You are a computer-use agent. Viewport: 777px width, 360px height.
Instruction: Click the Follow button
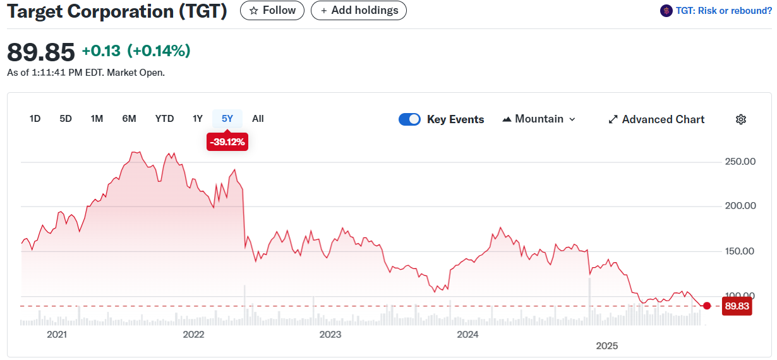tap(272, 11)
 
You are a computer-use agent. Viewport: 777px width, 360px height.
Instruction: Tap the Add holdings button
tap(359, 11)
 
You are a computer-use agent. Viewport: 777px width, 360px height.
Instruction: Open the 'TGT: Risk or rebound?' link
tap(716, 11)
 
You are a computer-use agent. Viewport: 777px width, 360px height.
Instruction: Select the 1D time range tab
tap(35, 119)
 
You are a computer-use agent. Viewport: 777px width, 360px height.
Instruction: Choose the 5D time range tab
tap(66, 119)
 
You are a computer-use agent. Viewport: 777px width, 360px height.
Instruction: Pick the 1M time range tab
tap(97, 119)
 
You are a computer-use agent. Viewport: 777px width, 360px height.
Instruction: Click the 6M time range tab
tap(129, 119)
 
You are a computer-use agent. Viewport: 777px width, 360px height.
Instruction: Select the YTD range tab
tap(164, 119)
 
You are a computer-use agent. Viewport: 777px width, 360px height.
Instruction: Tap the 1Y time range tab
tap(198, 119)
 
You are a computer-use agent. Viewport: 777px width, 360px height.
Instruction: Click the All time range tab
tap(258, 119)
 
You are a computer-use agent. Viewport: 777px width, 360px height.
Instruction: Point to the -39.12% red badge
tap(227, 142)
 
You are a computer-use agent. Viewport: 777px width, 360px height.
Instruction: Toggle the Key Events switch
tap(409, 119)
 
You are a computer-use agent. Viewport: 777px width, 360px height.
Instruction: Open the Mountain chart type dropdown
tap(539, 119)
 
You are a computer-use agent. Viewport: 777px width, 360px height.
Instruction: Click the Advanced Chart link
tap(656, 119)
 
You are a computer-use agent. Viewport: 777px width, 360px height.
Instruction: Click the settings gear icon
tap(741, 119)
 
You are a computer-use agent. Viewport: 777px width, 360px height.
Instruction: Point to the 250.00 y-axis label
tap(740, 162)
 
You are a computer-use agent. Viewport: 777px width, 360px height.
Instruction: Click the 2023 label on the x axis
tap(330, 335)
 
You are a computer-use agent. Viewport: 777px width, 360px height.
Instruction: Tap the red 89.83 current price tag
tap(737, 306)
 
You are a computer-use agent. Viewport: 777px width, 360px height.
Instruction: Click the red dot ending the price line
tap(707, 306)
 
